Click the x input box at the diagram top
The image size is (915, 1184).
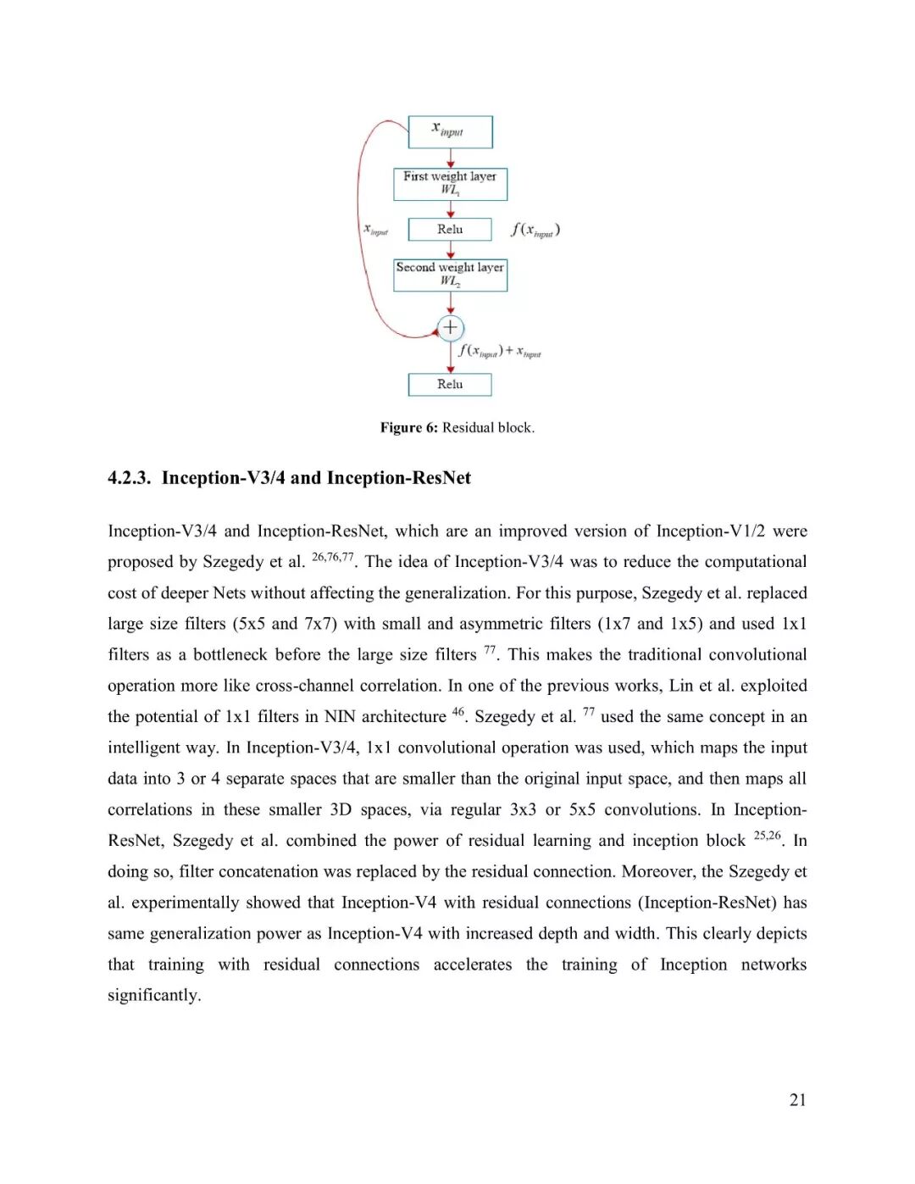click(450, 131)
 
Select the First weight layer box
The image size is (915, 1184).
click(450, 183)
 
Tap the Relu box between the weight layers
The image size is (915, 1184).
click(450, 230)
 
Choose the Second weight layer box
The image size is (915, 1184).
click(450, 275)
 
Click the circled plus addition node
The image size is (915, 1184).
click(450, 327)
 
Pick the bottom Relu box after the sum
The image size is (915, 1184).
click(450, 384)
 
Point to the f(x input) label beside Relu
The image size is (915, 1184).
click(535, 230)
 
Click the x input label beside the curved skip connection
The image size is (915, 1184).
click(375, 230)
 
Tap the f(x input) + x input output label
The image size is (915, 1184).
click(500, 351)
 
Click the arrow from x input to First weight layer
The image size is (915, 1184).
click(450, 158)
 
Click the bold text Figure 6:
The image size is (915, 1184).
click(409, 428)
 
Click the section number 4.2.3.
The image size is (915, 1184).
click(129, 478)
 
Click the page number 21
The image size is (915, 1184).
click(797, 1100)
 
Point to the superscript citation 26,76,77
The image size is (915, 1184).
click(332, 557)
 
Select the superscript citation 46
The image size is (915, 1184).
click(458, 712)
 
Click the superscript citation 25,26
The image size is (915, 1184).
click(767, 836)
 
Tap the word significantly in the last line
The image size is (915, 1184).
click(153, 995)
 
